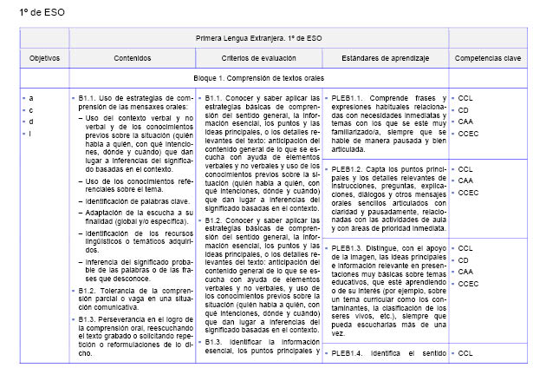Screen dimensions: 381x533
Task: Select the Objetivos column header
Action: [x=43, y=57]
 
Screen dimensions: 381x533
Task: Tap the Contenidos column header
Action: [x=132, y=57]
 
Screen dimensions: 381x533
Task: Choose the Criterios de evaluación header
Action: [x=257, y=57]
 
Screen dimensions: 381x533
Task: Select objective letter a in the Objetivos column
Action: [x=31, y=98]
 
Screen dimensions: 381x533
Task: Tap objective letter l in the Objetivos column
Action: [x=31, y=133]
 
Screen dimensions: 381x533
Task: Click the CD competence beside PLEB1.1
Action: [x=463, y=110]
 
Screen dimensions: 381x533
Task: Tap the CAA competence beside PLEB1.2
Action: [x=465, y=181]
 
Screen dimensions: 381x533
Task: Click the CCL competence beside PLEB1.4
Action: [x=465, y=353]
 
